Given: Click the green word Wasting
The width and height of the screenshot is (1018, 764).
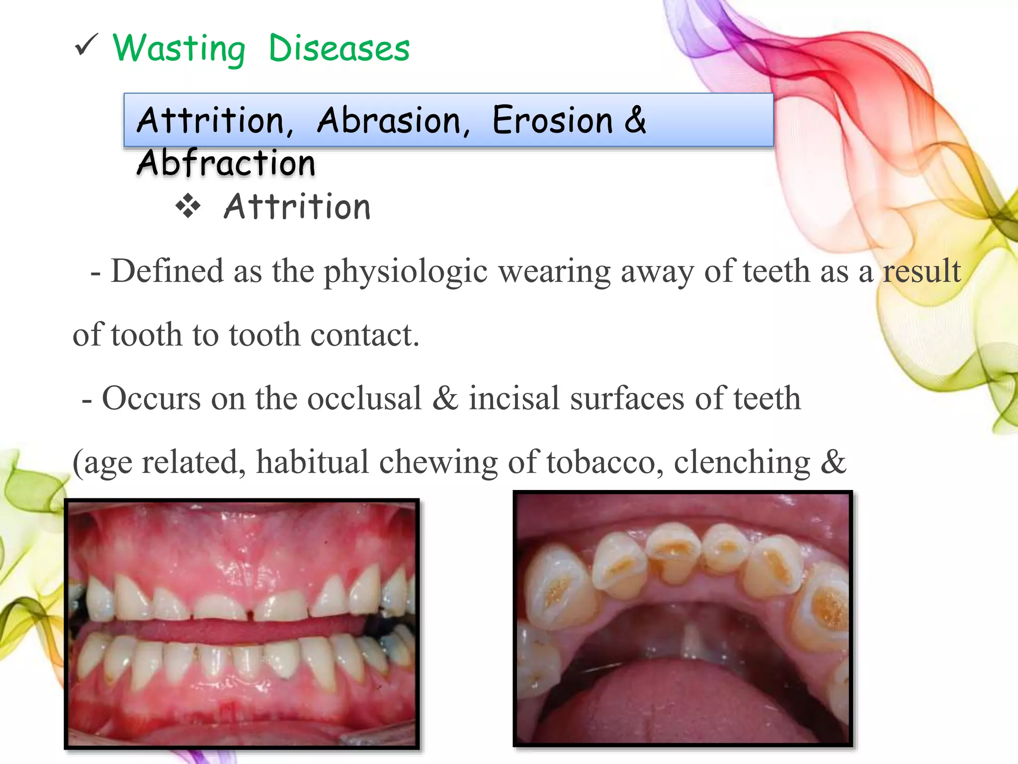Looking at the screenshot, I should click(179, 49).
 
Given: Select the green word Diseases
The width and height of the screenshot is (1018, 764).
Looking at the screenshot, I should click(339, 49).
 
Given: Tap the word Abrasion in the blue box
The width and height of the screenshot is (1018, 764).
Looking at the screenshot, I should click(393, 120).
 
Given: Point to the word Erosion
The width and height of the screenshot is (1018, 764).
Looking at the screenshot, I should click(552, 120).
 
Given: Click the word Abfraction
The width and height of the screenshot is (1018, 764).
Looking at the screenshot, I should click(226, 163).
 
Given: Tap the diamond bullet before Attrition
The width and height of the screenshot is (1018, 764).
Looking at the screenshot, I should click(188, 206).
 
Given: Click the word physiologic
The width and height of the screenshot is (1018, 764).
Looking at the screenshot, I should click(405, 273).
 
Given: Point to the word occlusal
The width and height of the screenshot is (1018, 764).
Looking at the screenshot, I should click(364, 398).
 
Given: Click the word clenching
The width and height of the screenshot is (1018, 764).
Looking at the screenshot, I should click(742, 463).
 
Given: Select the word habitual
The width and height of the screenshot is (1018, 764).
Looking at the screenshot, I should click(312, 462).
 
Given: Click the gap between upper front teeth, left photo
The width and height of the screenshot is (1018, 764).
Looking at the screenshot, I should click(251, 614).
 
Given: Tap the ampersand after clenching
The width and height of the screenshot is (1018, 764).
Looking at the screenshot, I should click(833, 462).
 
